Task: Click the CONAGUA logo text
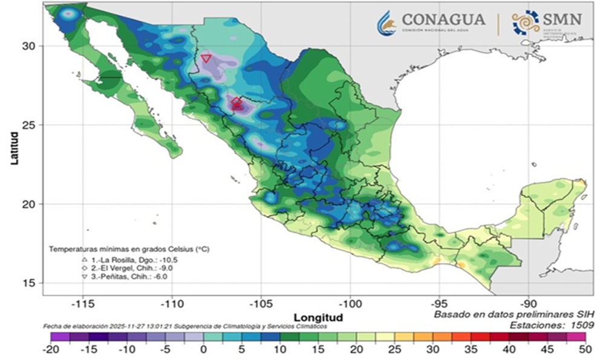[443, 19]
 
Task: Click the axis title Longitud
[318, 317]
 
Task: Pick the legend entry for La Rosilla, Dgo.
[119, 258]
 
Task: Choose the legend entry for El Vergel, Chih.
[117, 267]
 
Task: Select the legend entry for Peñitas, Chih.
[115, 276]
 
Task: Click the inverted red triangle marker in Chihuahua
[206, 59]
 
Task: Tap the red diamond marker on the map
[236, 102]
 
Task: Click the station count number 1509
[579, 325]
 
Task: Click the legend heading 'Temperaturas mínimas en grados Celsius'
[124, 249]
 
